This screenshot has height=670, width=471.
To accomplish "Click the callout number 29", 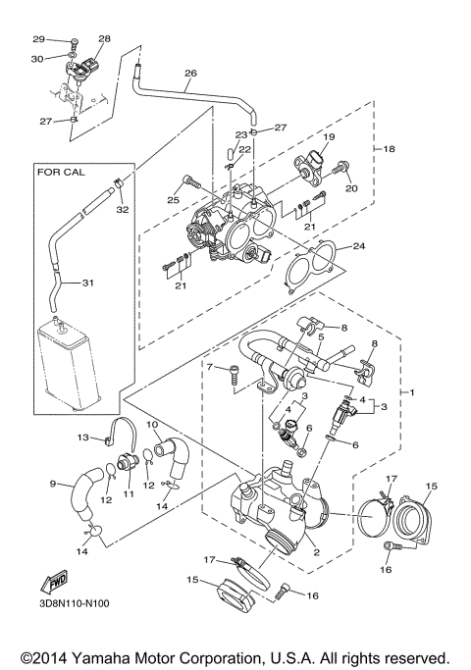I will [39, 39].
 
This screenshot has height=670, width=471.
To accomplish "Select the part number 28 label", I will [104, 39].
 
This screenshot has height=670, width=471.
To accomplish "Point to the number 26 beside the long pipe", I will [190, 73].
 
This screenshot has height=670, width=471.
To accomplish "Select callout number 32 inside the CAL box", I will [123, 209].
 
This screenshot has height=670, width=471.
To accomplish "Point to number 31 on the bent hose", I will [87, 283].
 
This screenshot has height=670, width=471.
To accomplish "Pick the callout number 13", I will [83, 437].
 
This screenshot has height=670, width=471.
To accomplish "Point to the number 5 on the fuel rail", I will [318, 336].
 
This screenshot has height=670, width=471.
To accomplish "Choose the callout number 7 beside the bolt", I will [209, 366].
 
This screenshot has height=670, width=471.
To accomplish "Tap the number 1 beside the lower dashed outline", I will [413, 393].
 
